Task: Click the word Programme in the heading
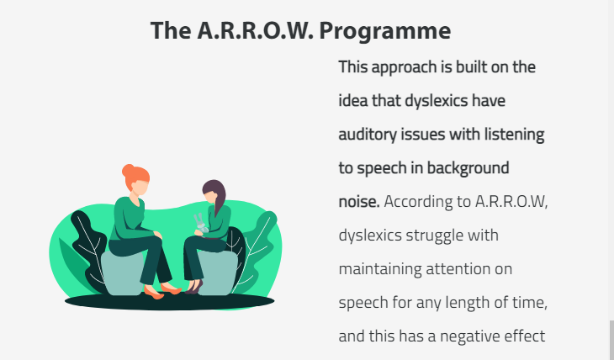[385, 31]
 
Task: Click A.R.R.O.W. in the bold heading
[256, 30]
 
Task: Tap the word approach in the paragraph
[404, 68]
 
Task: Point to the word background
[468, 168]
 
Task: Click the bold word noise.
[359, 202]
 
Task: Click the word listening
[514, 135]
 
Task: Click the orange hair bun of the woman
[128, 171]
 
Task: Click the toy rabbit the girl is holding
[200, 224]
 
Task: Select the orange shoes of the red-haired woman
[162, 292]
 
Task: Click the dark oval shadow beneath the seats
[169, 302]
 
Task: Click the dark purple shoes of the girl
[194, 287]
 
